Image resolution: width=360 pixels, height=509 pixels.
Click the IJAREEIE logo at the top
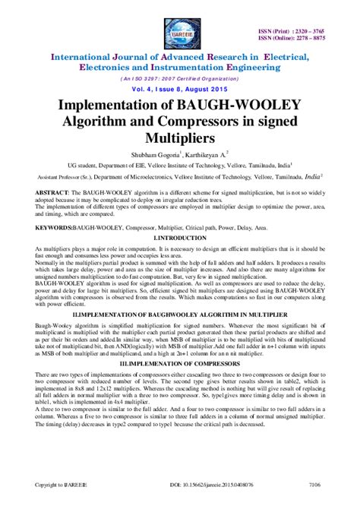[x=180, y=30]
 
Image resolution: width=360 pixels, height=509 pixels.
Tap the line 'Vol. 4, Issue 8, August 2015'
[x=180, y=88]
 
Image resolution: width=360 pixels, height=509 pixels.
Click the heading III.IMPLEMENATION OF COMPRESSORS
[x=180, y=365]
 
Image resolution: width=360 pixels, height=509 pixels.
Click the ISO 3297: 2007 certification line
[x=180, y=77]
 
